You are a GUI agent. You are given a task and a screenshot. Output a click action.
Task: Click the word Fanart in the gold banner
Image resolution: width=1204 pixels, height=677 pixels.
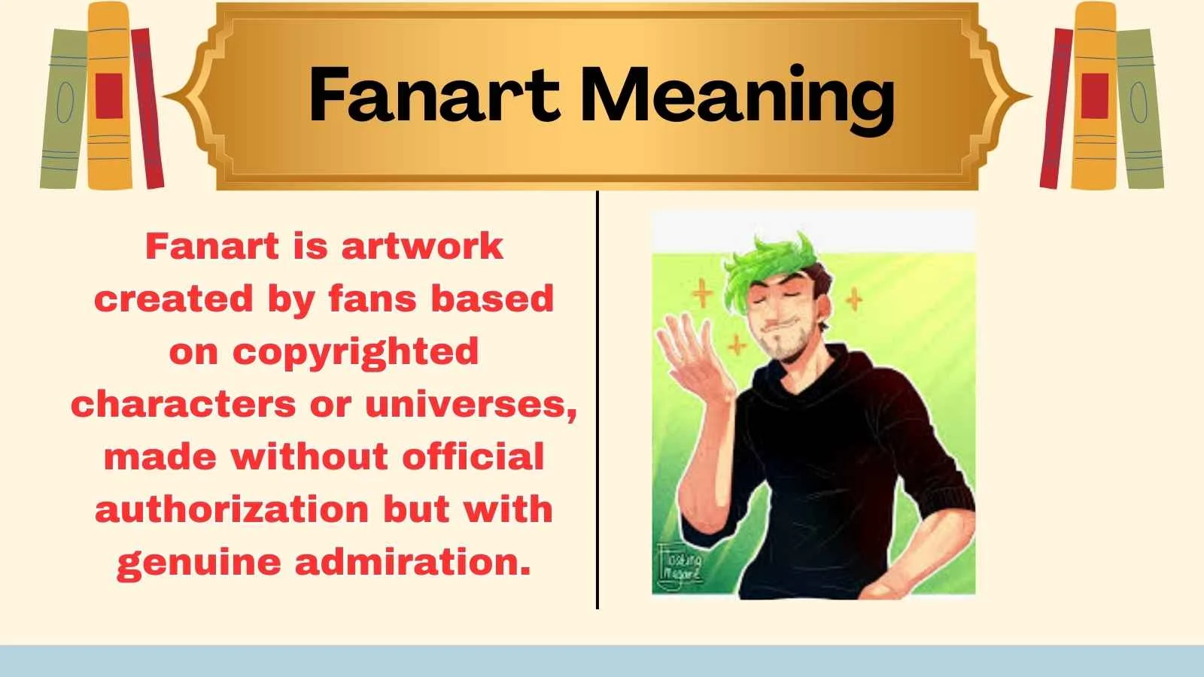pyautogui.click(x=433, y=96)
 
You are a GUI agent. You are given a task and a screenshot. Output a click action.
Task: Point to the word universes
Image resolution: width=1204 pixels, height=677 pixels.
pyautogui.click(x=471, y=405)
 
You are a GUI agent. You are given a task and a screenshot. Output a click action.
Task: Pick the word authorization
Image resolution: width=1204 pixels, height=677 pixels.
pyautogui.click(x=232, y=509)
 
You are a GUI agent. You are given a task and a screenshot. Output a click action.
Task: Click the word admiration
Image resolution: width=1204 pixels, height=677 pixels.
pyautogui.click(x=412, y=562)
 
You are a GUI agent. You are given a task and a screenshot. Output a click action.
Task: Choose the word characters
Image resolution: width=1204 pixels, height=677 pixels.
pyautogui.click(x=183, y=405)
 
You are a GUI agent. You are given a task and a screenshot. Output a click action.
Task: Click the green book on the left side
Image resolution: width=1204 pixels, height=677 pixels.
pyautogui.click(x=63, y=109)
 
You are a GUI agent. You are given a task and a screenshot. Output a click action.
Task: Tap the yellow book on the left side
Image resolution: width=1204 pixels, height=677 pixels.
pyautogui.click(x=109, y=98)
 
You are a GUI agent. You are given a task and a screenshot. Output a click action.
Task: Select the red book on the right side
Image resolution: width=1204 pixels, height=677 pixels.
pyautogui.click(x=1056, y=109)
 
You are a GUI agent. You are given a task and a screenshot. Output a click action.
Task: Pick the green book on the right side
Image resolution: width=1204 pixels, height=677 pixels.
pyautogui.click(x=1140, y=109)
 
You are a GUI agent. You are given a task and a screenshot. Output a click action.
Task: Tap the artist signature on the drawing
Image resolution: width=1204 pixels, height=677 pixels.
pyautogui.click(x=680, y=566)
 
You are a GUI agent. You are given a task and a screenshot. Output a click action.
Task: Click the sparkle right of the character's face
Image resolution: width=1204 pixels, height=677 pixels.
pyautogui.click(x=854, y=300)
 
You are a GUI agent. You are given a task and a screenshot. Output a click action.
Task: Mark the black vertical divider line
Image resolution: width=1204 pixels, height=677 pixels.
pyautogui.click(x=597, y=399)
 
